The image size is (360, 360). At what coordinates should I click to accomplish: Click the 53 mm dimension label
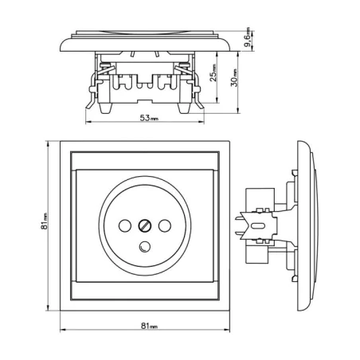tap(149, 118)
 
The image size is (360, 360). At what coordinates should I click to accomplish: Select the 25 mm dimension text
tap(213, 72)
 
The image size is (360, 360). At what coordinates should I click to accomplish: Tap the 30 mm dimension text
tap(234, 77)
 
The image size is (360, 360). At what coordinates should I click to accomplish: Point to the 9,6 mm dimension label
tap(247, 37)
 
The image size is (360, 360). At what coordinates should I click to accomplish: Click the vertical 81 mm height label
tap(44, 221)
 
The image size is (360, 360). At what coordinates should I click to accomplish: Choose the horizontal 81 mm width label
tap(149, 326)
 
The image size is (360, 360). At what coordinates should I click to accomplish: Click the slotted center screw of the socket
tap(145, 226)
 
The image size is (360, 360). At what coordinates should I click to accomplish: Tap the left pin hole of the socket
tap(125, 226)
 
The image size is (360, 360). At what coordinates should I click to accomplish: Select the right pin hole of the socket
tap(165, 226)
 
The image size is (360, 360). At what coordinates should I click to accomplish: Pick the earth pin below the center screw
tap(145, 246)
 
